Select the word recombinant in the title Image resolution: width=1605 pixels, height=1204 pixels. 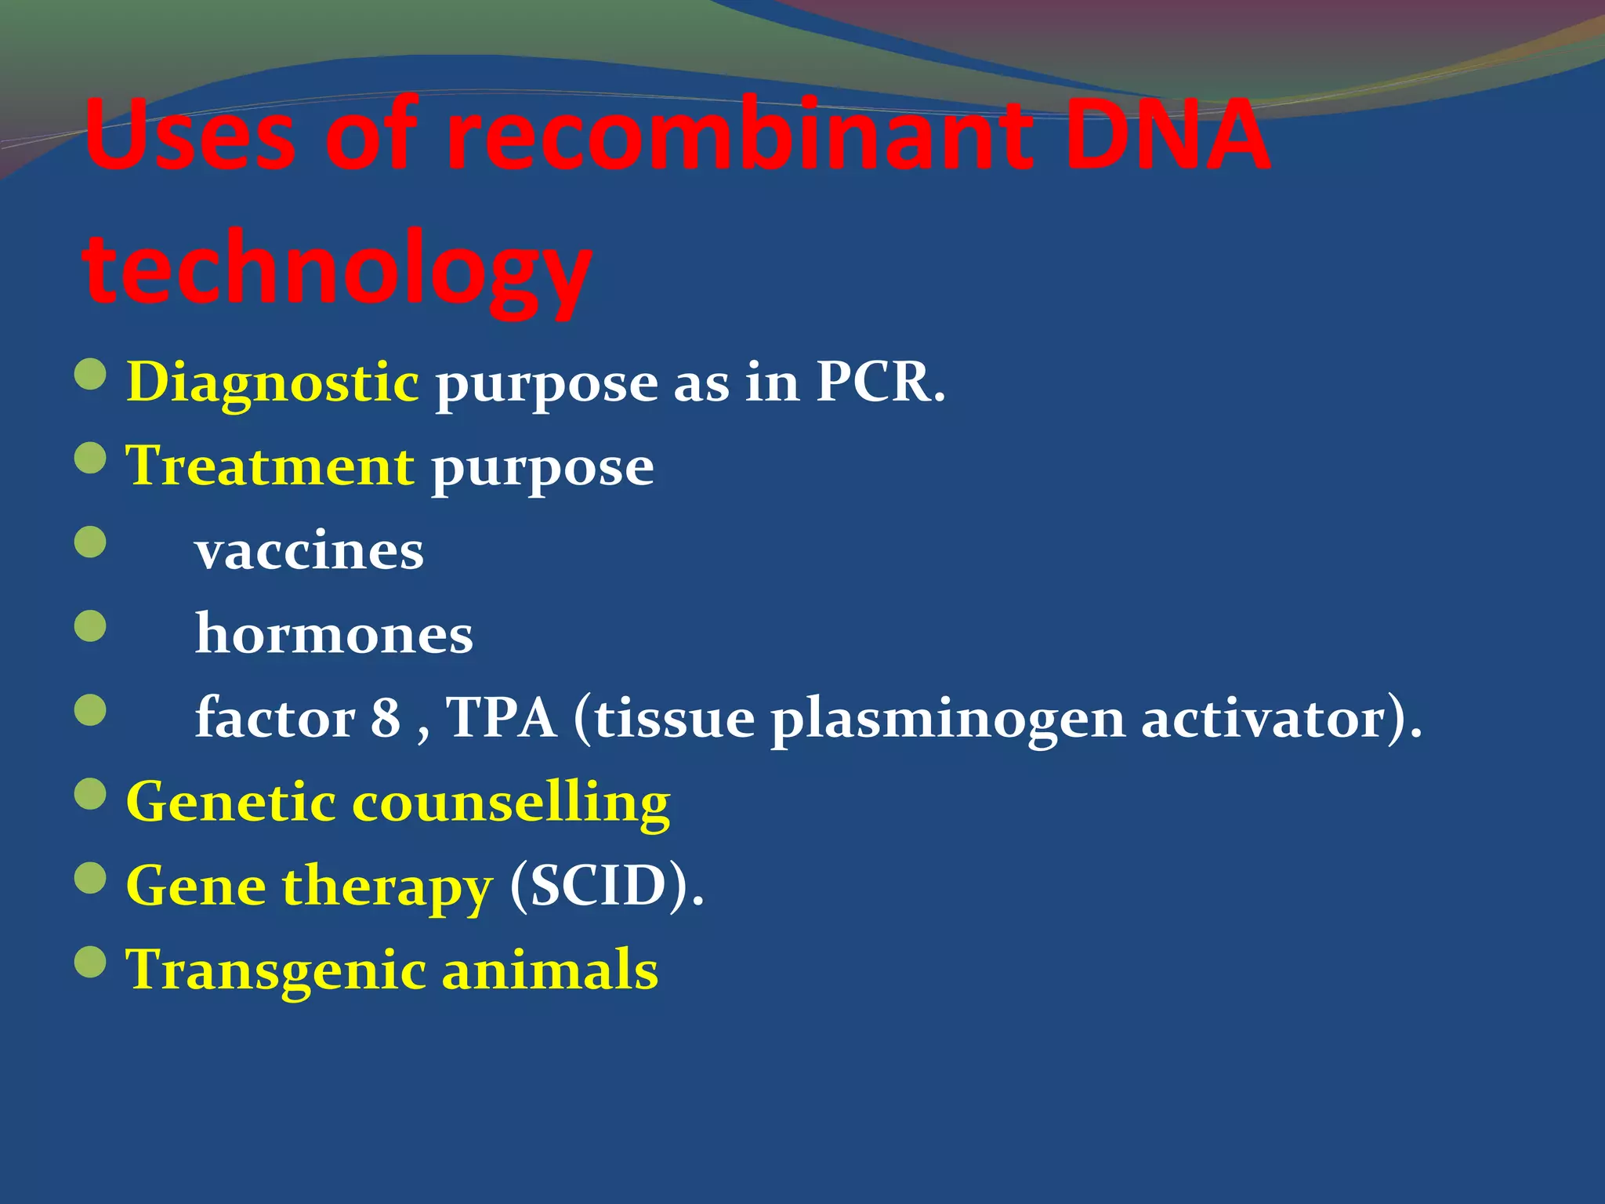click(x=737, y=135)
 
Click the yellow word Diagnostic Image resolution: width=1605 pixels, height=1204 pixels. click(x=272, y=383)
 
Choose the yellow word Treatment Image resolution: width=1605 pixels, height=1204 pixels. click(x=270, y=466)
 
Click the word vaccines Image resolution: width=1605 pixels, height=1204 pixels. click(x=310, y=551)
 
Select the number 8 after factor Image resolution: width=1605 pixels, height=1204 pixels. click(x=385, y=717)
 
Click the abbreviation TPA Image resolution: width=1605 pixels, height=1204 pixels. click(x=502, y=717)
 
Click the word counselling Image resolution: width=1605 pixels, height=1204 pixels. click(x=511, y=803)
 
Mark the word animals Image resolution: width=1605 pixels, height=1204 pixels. click(x=550, y=970)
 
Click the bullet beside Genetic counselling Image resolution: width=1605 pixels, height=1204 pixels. click(x=90, y=793)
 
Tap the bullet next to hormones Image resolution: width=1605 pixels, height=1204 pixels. click(x=90, y=626)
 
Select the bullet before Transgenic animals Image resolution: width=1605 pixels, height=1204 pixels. click(x=90, y=962)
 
